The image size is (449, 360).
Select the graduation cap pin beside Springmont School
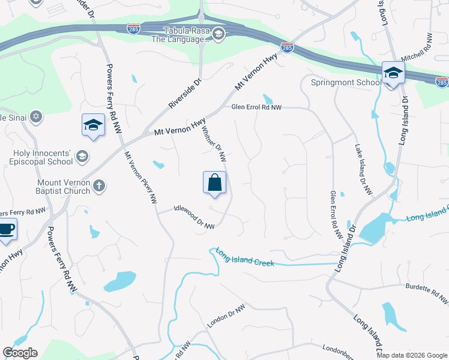pos(393,73)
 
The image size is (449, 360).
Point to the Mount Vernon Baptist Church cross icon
pos(100,187)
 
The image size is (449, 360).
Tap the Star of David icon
pos(36,116)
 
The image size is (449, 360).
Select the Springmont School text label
pos(345,83)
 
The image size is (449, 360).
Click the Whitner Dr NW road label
pos(214,144)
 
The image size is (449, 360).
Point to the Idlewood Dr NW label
pos(193,217)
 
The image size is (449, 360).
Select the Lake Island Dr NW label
pos(364,170)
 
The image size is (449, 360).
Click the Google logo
pos(20,353)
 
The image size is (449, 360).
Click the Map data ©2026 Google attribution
pos(412,355)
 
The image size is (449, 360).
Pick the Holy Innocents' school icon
pos(82,157)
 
